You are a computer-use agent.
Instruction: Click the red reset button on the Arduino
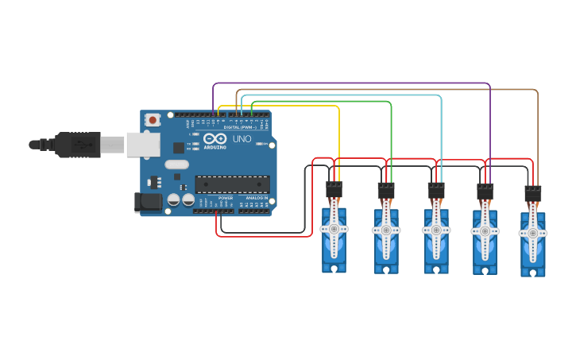point(152,120)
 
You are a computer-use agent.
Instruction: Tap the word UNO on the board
point(242,139)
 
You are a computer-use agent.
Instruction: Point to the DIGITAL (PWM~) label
point(239,127)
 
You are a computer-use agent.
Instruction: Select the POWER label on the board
point(226,198)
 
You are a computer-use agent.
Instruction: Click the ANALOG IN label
point(257,198)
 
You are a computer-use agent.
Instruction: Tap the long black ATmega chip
point(232,184)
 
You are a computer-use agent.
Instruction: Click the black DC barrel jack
point(148,202)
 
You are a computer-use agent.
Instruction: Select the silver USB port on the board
point(143,144)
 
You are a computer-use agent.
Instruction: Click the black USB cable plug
point(79,144)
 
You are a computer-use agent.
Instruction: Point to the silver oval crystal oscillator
point(177,165)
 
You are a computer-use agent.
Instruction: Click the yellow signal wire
point(339,135)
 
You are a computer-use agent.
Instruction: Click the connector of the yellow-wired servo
point(334,190)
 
